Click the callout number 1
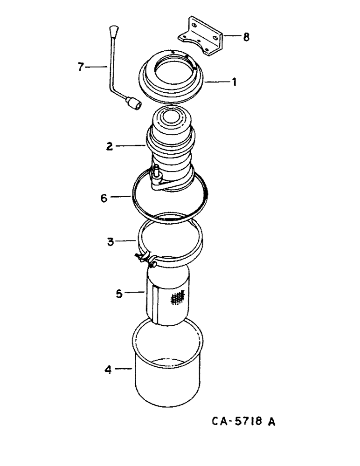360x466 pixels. pos(235,82)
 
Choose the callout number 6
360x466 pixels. pos(106,197)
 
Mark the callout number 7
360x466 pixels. pos(80,68)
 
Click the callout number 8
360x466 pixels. pos(246,36)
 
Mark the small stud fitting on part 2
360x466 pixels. pos(156,172)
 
